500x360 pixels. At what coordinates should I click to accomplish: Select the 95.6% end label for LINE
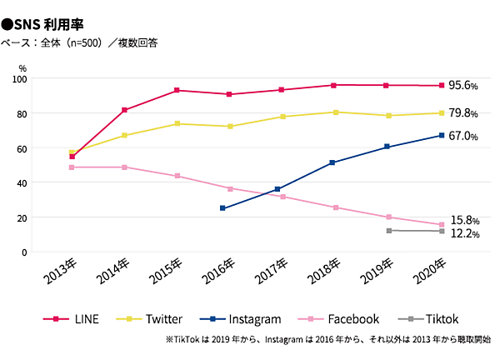pos(463,86)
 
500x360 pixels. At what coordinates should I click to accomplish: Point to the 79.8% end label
pos(463,113)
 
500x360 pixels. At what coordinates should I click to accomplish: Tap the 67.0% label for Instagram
pos(463,136)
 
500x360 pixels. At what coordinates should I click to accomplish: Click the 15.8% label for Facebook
pos(463,221)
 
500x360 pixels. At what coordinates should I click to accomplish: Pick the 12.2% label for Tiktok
pos(463,234)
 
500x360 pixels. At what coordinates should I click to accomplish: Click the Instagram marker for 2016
pos(222,208)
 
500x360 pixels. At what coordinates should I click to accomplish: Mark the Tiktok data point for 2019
pos(389,231)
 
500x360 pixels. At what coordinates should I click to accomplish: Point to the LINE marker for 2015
pos(177,90)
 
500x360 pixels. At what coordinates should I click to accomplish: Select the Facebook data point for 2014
pos(124,167)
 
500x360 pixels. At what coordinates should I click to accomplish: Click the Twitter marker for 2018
pos(334,112)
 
